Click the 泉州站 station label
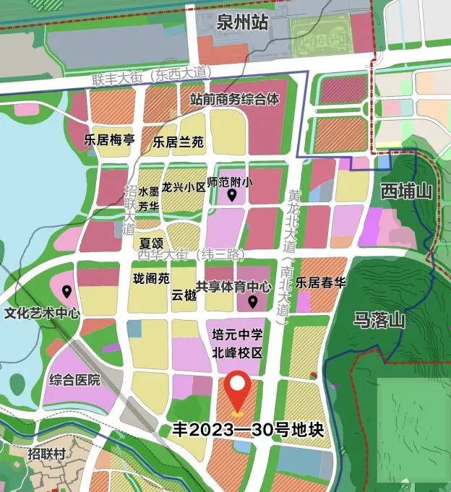242,23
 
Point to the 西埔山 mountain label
406,192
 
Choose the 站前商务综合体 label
234,100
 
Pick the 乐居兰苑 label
179,142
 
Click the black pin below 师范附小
232,195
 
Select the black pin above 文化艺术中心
66,292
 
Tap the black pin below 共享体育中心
253,302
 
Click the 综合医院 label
74,380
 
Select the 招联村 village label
47,454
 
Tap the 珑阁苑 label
151,278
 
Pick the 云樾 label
184,295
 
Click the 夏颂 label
151,243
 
